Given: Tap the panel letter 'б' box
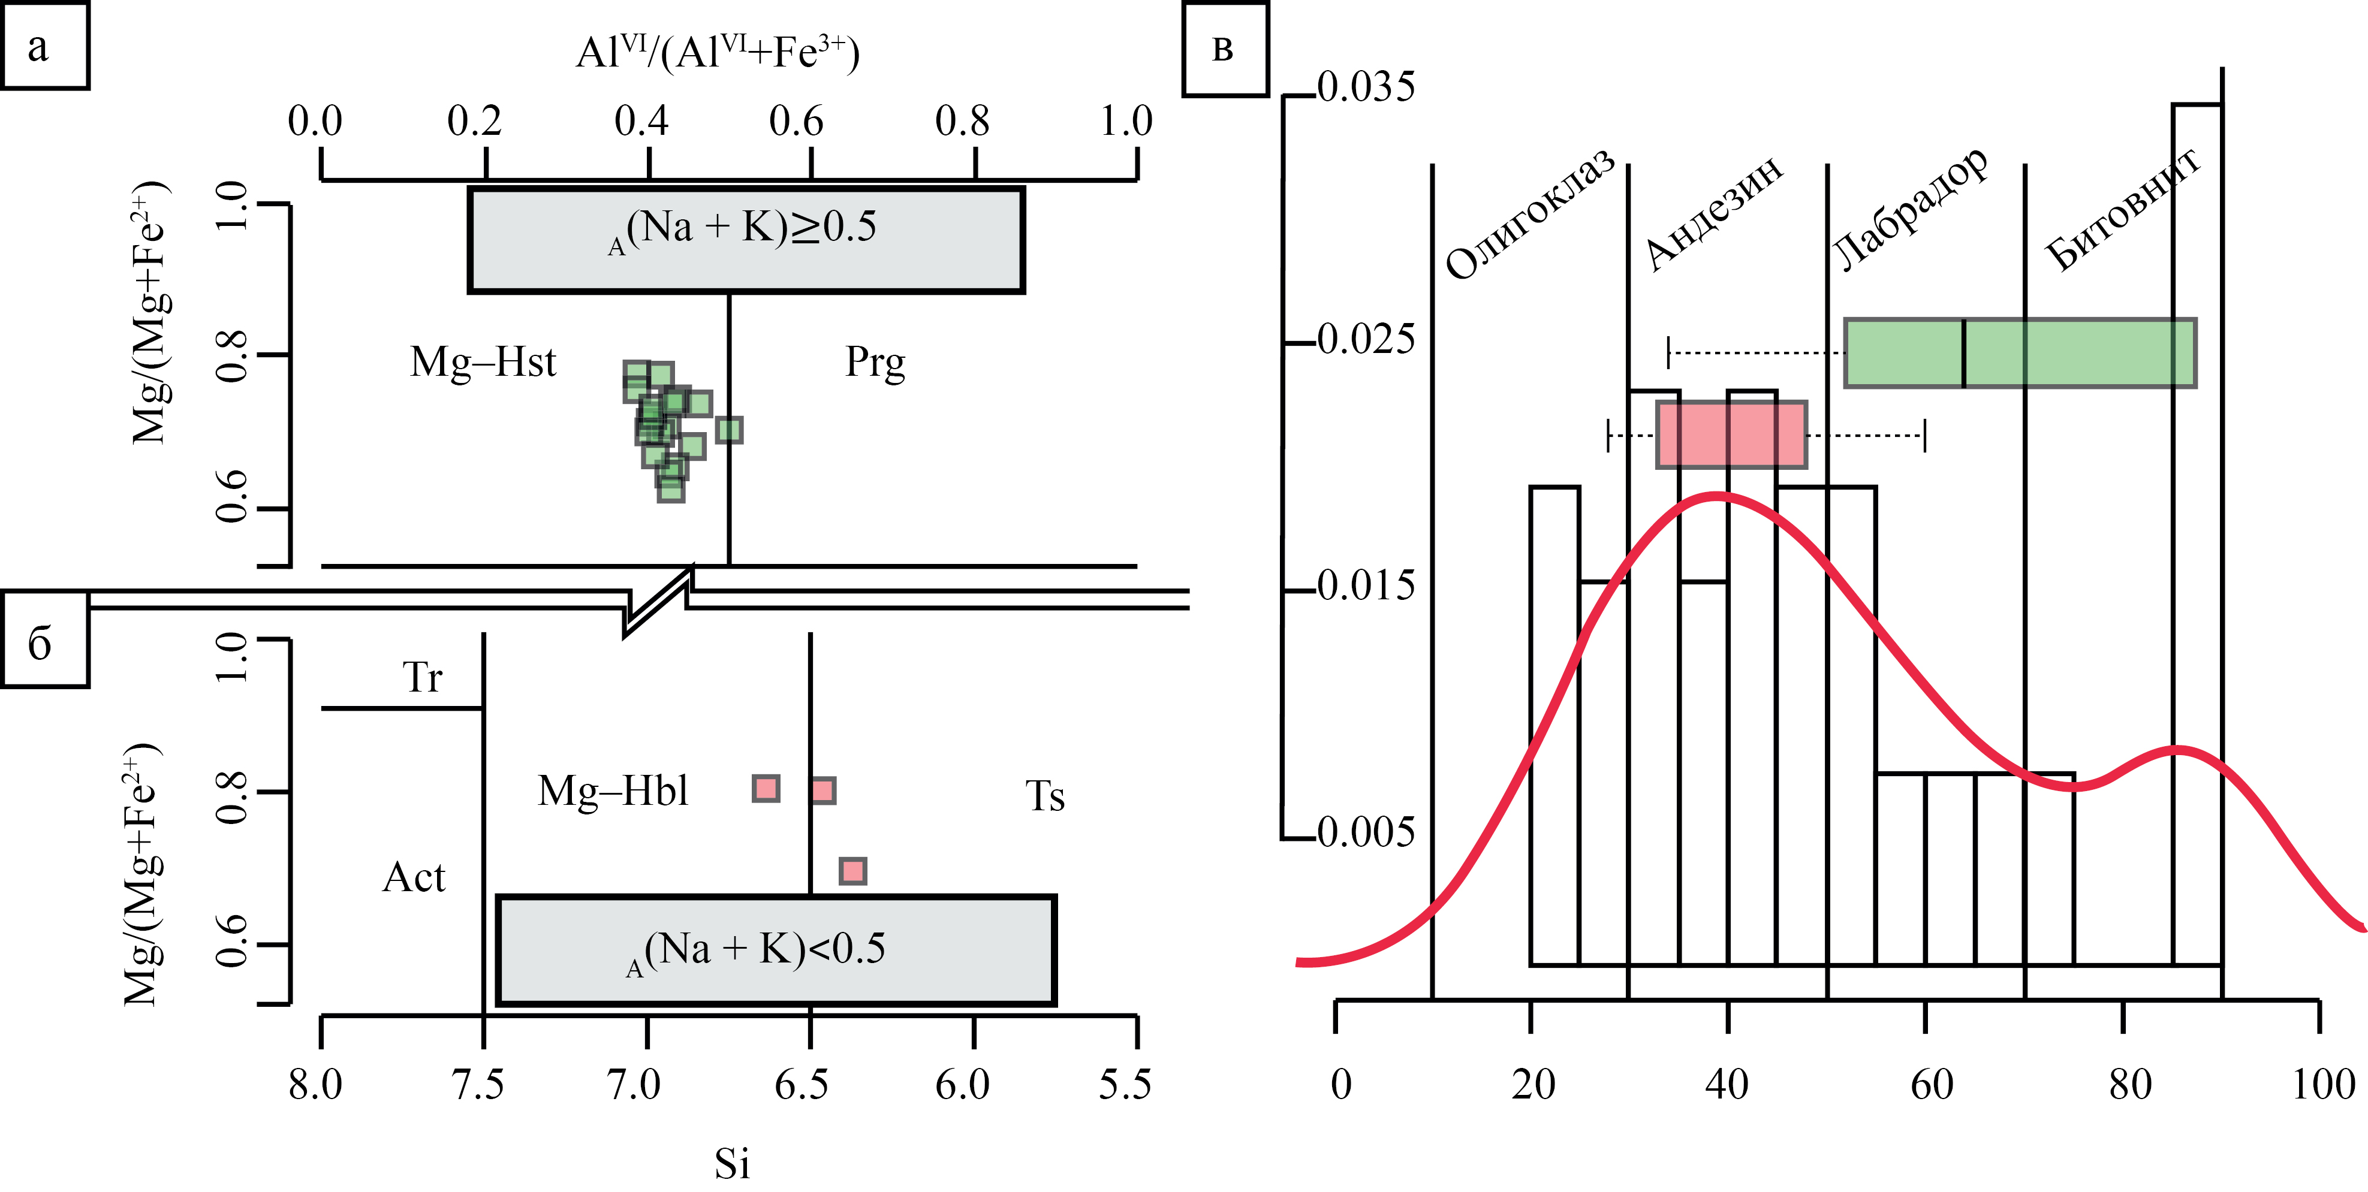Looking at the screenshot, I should point(44,641).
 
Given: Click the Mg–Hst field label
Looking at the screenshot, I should point(483,362).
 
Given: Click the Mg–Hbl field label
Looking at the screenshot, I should point(612,791).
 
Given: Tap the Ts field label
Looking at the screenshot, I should point(1044,796).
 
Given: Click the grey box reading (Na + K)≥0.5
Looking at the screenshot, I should point(746,240).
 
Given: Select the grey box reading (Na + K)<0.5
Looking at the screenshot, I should point(776,950).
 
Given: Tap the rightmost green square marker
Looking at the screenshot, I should point(729,429).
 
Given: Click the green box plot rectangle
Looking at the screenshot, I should point(2020,353).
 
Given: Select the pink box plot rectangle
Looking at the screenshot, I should point(1731,434).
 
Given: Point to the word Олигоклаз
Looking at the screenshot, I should point(1529,213).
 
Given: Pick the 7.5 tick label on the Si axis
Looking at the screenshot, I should point(478,1085).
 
